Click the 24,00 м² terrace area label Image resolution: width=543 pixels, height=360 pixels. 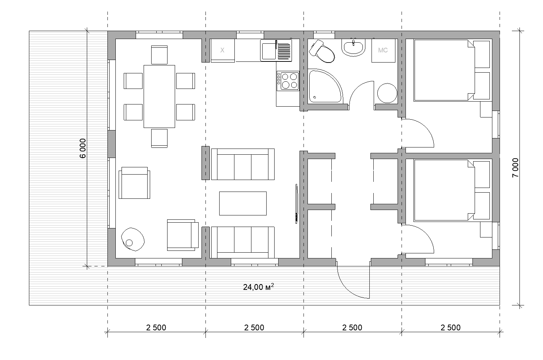coord(258,287)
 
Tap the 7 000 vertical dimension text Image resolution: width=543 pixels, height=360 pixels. coord(515,168)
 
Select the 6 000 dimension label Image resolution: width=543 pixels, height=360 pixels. coord(83,148)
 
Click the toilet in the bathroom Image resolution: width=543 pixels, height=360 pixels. coord(322,51)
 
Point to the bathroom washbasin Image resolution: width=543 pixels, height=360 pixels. coord(353,48)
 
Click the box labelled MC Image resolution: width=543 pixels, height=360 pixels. coord(383,50)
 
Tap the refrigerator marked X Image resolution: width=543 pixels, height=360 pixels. coord(222,50)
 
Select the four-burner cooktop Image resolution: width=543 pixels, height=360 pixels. coord(288,81)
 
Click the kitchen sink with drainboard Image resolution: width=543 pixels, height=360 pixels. coord(276,50)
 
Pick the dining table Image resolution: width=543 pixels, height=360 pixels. coord(159,97)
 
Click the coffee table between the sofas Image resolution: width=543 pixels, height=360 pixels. coord(243,203)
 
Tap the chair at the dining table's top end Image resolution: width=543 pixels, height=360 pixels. coord(159,55)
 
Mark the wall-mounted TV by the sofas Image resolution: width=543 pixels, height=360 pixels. coord(297,204)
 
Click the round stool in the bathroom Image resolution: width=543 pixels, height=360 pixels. coord(387,93)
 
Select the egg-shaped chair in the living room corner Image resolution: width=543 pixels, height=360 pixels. coord(133,239)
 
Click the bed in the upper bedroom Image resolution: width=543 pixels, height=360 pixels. coord(444,70)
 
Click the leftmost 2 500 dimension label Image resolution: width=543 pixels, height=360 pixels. coord(156,327)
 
